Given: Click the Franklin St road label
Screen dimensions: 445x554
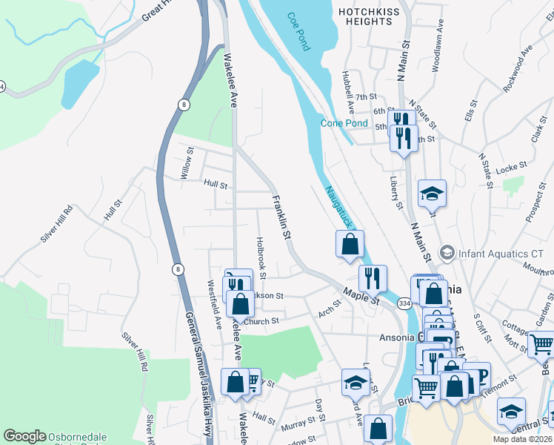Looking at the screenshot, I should click(280, 217).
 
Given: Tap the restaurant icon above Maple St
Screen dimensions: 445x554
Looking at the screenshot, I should click(373, 278).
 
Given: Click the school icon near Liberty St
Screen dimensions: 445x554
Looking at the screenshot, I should click(432, 194).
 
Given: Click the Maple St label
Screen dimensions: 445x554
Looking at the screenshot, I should click(361, 297).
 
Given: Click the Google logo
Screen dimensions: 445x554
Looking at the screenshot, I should click(25, 437).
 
